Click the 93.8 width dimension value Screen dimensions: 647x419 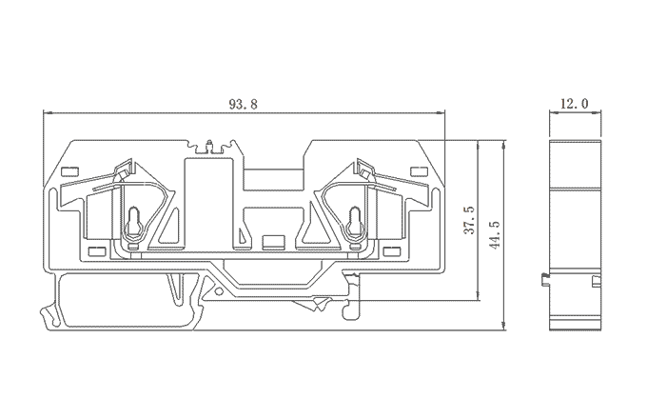[x=243, y=104]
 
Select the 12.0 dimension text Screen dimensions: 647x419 [x=574, y=103]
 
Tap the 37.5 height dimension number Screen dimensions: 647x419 [x=469, y=220]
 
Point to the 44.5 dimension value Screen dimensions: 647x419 [x=495, y=234]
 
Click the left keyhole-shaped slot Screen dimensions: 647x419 [x=133, y=222]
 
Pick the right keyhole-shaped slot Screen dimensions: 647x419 [x=355, y=222]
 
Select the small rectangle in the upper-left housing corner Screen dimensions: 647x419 [x=69, y=170]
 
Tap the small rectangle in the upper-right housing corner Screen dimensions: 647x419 [x=419, y=170]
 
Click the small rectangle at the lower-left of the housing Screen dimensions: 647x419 [x=97, y=251]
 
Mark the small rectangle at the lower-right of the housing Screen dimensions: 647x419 [x=392, y=251]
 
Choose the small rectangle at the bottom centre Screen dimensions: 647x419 [x=274, y=242]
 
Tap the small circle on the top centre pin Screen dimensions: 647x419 [x=209, y=143]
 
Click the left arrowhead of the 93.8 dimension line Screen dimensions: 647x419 [x=47, y=111]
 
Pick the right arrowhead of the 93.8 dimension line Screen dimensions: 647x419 [x=441, y=111]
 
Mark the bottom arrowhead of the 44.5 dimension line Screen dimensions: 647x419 [x=503, y=326]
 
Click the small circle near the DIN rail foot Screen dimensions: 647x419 [x=218, y=291]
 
